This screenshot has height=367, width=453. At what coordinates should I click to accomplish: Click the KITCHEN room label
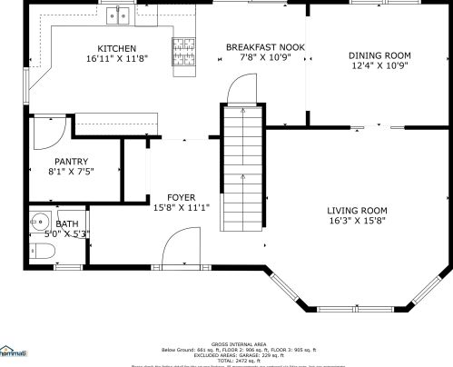click(117, 47)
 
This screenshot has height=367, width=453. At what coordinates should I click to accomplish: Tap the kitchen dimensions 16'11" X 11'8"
click(117, 58)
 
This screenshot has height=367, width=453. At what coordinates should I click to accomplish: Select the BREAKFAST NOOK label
click(265, 46)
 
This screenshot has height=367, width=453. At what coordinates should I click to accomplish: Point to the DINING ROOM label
click(379, 55)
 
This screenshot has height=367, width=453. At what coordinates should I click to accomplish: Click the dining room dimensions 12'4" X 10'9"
click(379, 66)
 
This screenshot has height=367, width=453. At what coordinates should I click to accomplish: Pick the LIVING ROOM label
click(357, 210)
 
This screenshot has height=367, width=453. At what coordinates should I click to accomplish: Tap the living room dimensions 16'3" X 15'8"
click(357, 221)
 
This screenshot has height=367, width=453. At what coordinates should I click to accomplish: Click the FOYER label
click(182, 196)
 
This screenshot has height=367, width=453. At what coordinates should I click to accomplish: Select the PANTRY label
click(71, 160)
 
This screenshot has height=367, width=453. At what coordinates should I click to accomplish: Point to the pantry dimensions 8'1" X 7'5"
click(71, 171)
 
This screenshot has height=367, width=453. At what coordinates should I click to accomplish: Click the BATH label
click(67, 223)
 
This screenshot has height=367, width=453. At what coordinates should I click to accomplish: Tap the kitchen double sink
click(118, 15)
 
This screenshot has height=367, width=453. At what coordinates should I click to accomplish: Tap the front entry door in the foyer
click(180, 247)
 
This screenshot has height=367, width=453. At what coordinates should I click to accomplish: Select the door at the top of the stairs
click(239, 89)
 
